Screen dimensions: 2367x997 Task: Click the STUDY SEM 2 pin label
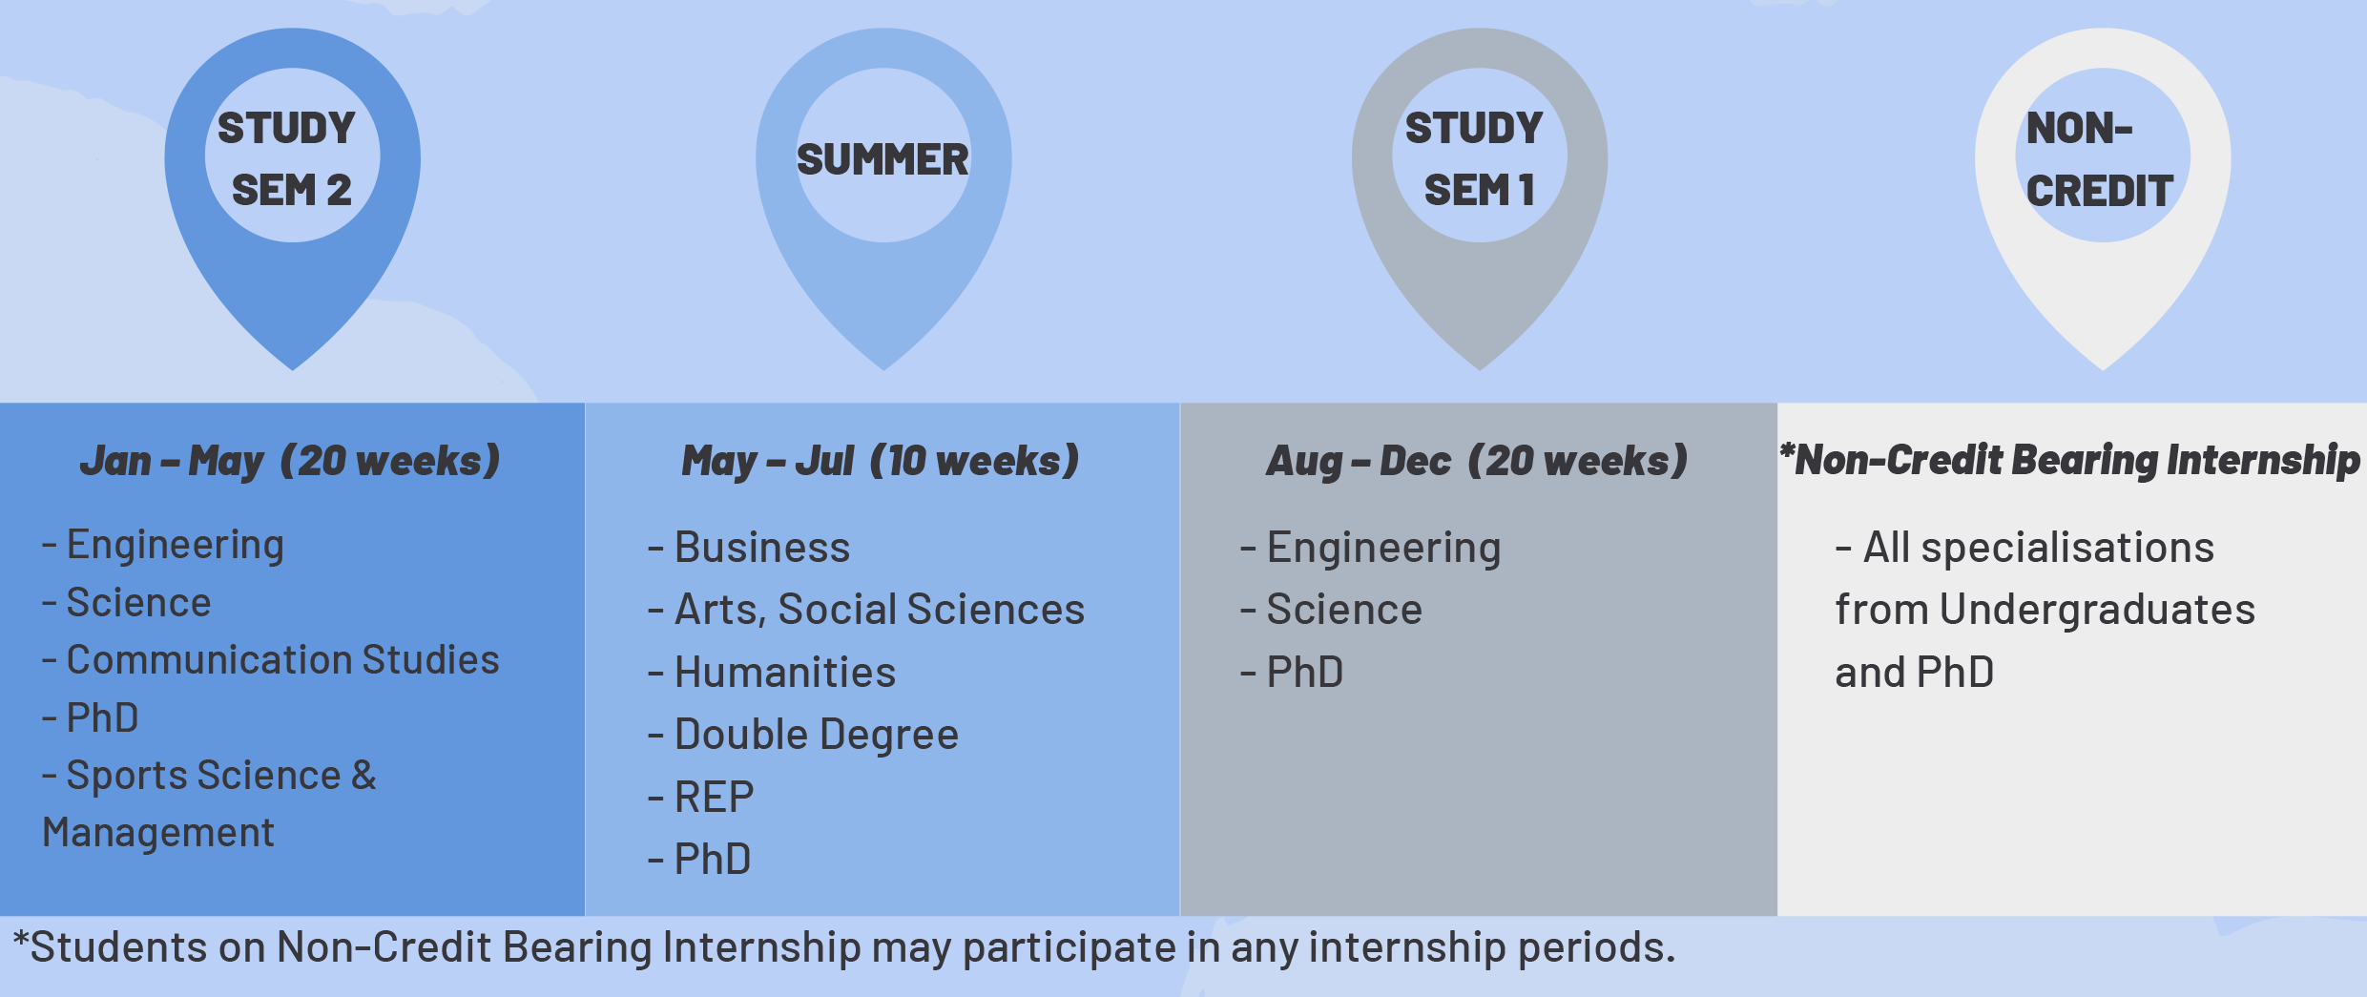pos(287,159)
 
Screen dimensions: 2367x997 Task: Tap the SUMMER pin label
pos(882,159)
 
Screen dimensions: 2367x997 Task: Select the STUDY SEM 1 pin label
pos(1474,159)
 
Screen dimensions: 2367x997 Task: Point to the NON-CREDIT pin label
pos(2099,159)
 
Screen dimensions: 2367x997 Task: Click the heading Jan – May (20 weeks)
pos(290,461)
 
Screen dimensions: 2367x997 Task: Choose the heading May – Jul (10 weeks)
pos(881,461)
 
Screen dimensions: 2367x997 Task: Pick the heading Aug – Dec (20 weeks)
pos(1477,461)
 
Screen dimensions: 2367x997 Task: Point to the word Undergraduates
pos(2097,611)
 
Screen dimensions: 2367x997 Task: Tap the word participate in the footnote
pos(1069,948)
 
